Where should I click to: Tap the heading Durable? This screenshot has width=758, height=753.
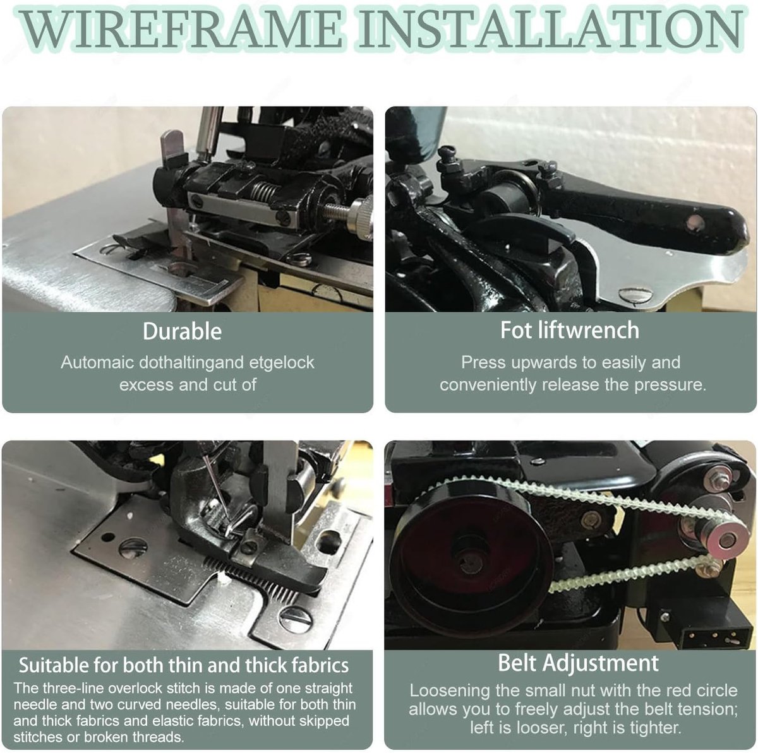tap(182, 331)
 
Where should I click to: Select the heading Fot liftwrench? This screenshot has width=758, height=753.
tap(570, 329)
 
